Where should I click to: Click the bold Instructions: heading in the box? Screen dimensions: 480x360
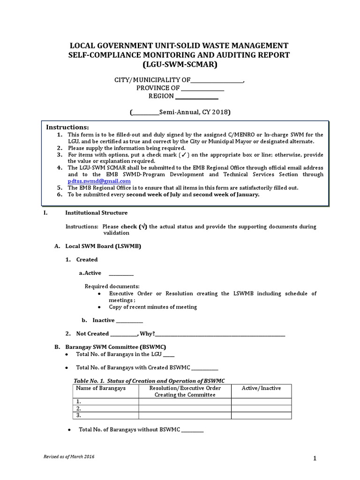(x=67, y=127)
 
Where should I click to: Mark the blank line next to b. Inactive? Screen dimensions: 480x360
(x=129, y=322)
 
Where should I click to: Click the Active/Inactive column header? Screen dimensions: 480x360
(x=261, y=388)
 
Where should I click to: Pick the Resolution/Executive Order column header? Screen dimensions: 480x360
(x=185, y=391)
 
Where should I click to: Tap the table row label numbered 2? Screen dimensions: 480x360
(x=79, y=409)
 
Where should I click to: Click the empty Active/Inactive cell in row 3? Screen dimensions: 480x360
(x=261, y=416)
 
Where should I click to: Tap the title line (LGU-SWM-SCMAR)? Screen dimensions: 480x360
(x=180, y=65)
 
